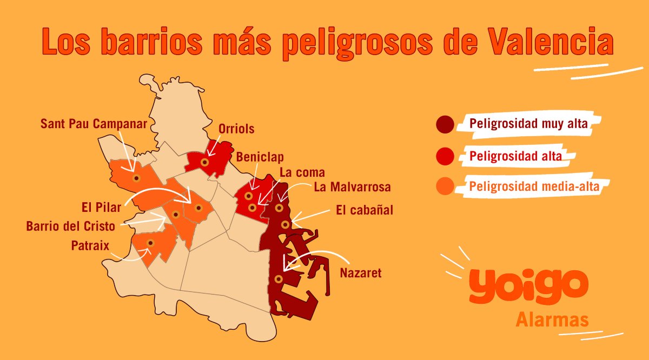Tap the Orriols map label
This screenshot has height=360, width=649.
click(236, 129)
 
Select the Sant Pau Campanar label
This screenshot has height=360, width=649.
click(94, 124)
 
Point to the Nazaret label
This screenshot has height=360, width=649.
click(360, 273)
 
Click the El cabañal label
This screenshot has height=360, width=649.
click(364, 210)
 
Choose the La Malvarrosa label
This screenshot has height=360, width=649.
click(352, 188)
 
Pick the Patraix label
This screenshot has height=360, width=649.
click(90, 246)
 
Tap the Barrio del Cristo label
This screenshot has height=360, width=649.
click(70, 225)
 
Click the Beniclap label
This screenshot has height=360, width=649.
click(260, 157)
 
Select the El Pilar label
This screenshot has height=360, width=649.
click(101, 206)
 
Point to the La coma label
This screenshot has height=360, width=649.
click(302, 172)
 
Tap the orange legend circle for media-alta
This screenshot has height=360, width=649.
click(445, 188)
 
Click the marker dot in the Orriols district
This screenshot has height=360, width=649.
click(204, 162)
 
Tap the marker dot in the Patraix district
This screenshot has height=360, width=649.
click(150, 243)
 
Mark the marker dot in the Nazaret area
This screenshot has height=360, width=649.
click(278, 279)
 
